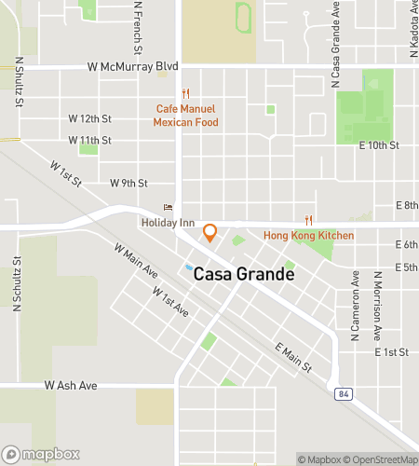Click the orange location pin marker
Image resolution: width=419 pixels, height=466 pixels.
point(210,232)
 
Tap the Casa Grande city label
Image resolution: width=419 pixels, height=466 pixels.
point(237,275)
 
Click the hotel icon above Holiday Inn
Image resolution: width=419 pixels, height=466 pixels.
point(168,208)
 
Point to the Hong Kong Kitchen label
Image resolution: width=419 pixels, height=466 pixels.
point(309,236)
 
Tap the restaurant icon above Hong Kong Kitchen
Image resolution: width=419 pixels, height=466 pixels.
point(309,221)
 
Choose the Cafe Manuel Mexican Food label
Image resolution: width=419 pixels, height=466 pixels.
point(187,115)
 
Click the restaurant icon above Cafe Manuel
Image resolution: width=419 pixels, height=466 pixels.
point(187,93)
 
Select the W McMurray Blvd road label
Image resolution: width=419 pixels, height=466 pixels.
point(133,67)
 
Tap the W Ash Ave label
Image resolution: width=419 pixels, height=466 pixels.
point(71,385)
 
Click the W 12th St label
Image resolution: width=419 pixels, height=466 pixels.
point(90,119)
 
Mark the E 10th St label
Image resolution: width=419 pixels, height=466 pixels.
point(378,145)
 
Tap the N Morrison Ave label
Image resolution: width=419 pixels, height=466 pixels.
point(378,306)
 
